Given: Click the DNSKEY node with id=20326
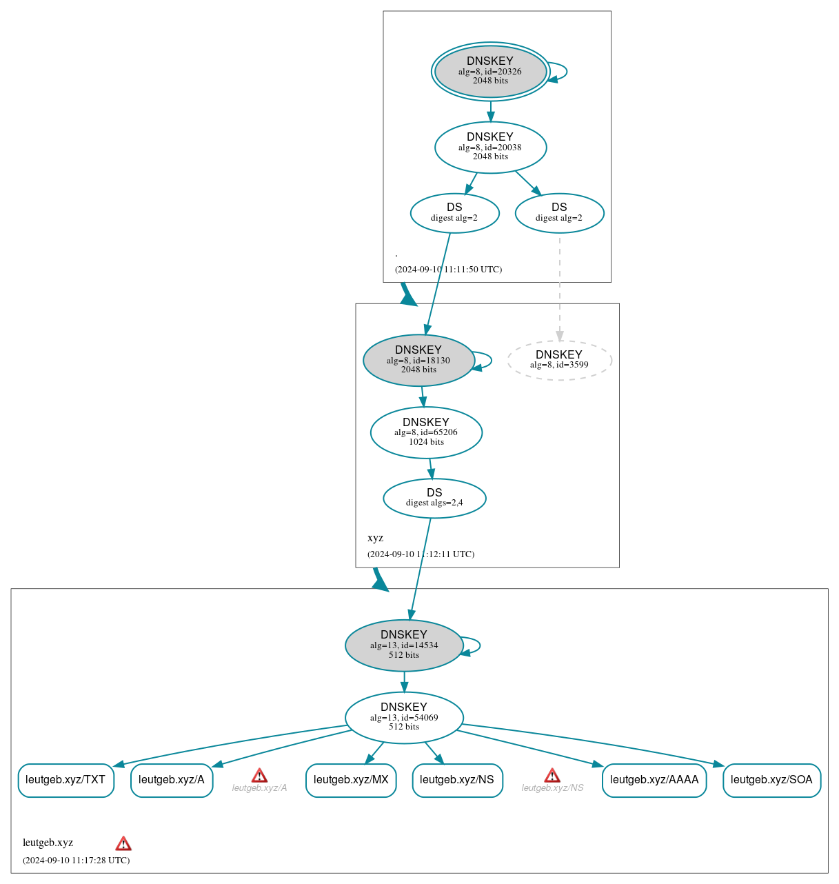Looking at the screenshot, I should click(x=490, y=71).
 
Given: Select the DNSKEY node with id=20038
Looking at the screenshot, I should click(x=490, y=147).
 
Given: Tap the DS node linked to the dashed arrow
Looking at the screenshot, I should click(x=559, y=213).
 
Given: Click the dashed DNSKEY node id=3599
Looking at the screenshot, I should click(x=559, y=360).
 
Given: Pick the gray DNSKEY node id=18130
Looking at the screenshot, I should click(x=418, y=360).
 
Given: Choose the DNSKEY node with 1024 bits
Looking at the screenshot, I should click(x=426, y=432).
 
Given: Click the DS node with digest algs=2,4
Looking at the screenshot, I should click(x=434, y=498).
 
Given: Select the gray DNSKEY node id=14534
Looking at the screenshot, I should click(x=404, y=645).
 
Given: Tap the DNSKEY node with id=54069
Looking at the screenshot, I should click(x=404, y=717).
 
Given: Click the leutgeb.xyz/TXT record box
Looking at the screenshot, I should click(x=65, y=780).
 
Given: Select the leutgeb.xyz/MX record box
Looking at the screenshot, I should click(x=351, y=780).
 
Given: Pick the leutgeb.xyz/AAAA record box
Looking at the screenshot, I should click(x=654, y=780).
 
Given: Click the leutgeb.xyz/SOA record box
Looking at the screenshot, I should click(x=771, y=780).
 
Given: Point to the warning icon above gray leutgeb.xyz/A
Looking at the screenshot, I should click(x=259, y=776).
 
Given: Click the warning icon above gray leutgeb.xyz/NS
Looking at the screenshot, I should click(x=552, y=776).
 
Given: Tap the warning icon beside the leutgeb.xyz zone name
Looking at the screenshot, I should click(x=123, y=843).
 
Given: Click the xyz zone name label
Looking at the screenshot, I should click(x=375, y=538).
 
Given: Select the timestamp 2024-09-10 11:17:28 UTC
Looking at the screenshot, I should click(x=76, y=860).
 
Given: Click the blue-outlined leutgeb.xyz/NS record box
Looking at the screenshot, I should click(x=457, y=780).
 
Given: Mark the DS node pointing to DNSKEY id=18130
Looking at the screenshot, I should click(x=454, y=213).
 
